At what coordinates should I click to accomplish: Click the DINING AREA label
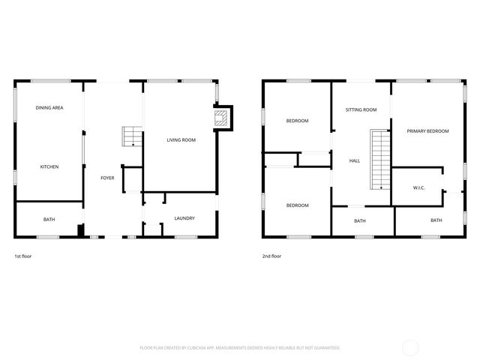coord(49,109)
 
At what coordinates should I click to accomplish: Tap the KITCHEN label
coord(49,166)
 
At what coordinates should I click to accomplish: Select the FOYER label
coord(108,178)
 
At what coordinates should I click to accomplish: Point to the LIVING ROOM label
coord(181,139)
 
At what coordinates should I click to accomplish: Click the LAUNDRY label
coord(184,218)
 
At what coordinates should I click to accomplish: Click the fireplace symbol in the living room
coord(221,117)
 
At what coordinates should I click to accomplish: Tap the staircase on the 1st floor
coord(131,136)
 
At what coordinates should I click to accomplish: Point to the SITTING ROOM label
coord(361,110)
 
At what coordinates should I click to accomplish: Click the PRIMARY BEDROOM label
coord(427,131)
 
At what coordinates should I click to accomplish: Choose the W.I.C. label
coord(418,187)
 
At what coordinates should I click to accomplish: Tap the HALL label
coord(355,160)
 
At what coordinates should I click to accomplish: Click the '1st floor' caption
coord(23,256)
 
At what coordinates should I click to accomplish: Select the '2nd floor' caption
coord(271,256)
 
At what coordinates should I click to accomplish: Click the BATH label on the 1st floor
coord(49,219)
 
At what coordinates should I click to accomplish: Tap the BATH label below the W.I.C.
coord(436,220)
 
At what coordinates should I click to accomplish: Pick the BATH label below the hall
coord(360,220)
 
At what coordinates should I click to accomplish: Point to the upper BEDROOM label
coord(297,121)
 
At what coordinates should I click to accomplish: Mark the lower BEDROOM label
coord(297,205)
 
